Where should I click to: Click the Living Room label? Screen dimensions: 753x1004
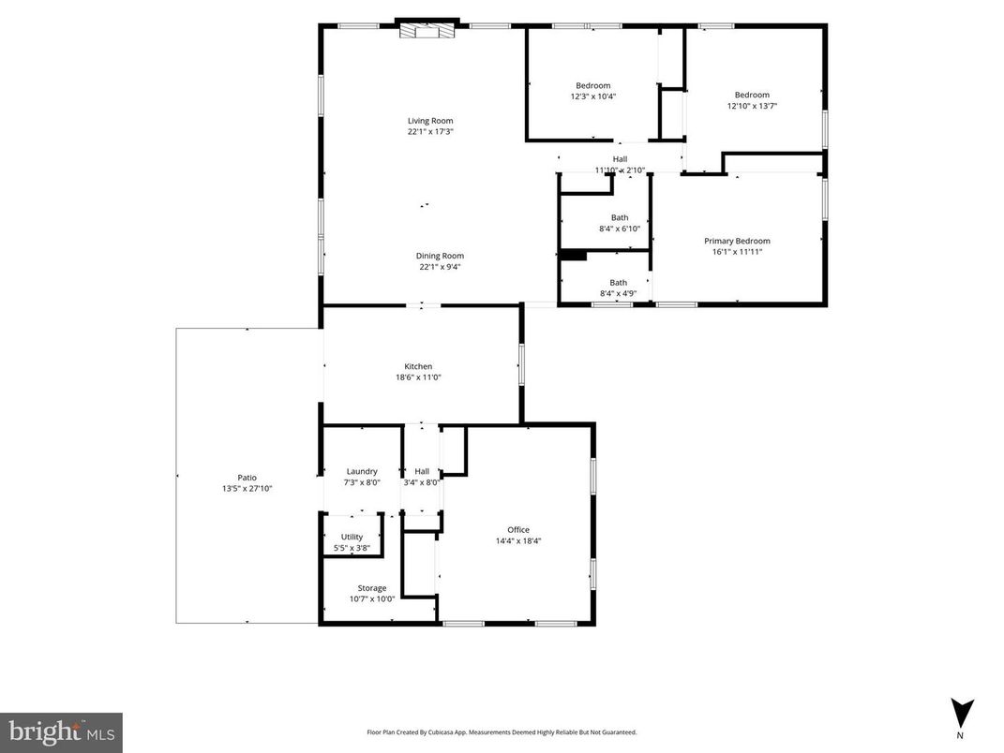point(430,121)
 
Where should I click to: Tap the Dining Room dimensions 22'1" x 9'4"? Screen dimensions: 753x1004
point(440,268)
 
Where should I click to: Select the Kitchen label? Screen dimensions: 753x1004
point(418,366)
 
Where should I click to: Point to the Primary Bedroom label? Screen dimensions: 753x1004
point(737,241)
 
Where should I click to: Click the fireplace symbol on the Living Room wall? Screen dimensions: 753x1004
point(427,31)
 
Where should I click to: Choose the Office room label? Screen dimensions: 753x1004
point(518,530)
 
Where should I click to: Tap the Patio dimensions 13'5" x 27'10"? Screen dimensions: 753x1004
point(247,489)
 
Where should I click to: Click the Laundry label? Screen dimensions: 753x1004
point(362,471)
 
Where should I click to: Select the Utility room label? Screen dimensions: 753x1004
point(352,538)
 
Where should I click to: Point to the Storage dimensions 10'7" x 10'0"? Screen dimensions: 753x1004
point(372,599)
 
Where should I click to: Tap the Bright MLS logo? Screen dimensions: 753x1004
point(61,731)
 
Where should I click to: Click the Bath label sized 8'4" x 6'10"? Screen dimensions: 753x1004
point(620,218)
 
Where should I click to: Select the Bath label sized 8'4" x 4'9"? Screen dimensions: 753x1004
point(619,283)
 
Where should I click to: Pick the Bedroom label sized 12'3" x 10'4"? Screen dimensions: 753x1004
point(592,86)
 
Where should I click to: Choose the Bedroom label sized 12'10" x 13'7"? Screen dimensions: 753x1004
point(752,95)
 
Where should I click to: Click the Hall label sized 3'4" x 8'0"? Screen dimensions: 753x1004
point(422,471)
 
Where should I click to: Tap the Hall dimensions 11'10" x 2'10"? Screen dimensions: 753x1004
point(620,170)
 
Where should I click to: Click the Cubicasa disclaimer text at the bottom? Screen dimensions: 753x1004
point(502,732)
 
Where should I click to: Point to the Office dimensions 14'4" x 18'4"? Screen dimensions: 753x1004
point(518,540)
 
